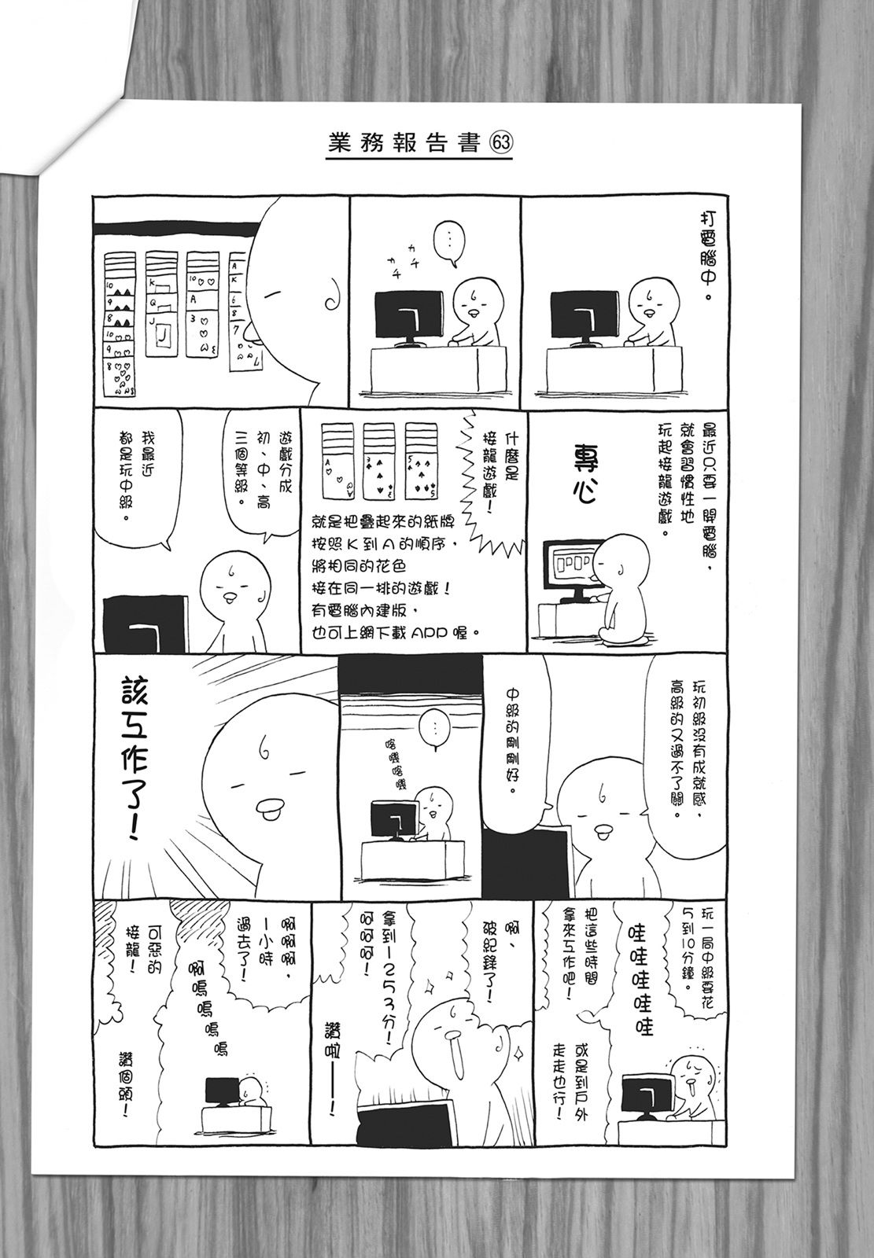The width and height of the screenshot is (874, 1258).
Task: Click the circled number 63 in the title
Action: click(501, 144)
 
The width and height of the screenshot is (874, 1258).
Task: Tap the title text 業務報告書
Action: click(404, 144)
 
